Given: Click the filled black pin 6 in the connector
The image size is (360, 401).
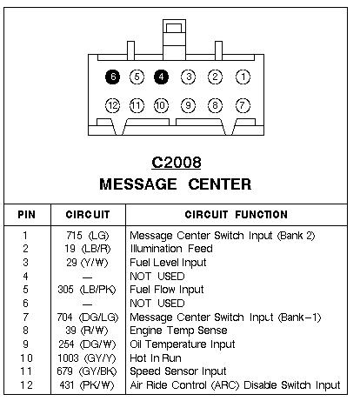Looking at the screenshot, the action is pyautogui.click(x=112, y=77).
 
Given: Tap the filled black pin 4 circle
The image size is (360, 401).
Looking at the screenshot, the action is pyautogui.click(x=161, y=77).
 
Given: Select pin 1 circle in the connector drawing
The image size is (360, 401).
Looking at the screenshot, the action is pyautogui.click(x=243, y=77).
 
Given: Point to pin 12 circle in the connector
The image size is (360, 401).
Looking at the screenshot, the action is pyautogui.click(x=112, y=105).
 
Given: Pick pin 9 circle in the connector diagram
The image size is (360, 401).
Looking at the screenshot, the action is pyautogui.click(x=188, y=105).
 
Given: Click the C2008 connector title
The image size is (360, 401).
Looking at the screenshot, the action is pyautogui.click(x=177, y=163).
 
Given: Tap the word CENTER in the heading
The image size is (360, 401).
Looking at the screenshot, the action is pyautogui.click(x=220, y=184).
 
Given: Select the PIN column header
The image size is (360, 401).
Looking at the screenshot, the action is pyautogui.click(x=26, y=215).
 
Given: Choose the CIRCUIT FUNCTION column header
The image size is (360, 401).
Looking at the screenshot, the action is pyautogui.click(x=237, y=215).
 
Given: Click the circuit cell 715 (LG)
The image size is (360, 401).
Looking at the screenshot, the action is pyautogui.click(x=88, y=236).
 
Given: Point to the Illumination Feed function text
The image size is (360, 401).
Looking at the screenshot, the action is pyautogui.click(x=171, y=249).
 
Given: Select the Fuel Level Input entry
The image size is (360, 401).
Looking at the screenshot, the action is pyautogui.click(x=168, y=263).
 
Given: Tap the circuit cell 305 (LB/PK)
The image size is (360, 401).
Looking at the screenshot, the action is pyautogui.click(x=87, y=290).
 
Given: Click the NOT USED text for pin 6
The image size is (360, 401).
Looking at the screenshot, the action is pyautogui.click(x=157, y=304).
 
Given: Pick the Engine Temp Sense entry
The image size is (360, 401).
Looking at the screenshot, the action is pyautogui.click(x=178, y=331).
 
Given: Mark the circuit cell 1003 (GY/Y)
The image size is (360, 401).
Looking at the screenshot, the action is pyautogui.click(x=87, y=358).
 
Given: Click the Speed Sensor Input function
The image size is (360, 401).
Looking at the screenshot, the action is pyautogui.click(x=177, y=371).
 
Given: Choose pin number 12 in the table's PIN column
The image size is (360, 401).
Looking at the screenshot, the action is pyautogui.click(x=26, y=385).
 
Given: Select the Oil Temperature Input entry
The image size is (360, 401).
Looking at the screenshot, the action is pyautogui.click(x=183, y=344).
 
